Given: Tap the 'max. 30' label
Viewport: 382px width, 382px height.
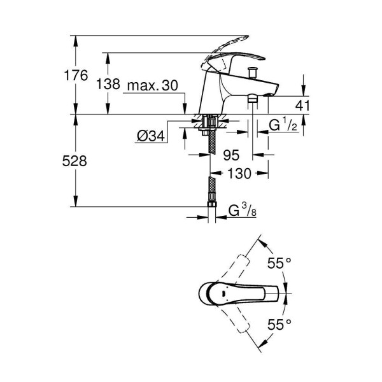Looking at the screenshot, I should [153, 85].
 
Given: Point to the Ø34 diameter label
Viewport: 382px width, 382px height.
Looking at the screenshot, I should [150, 135].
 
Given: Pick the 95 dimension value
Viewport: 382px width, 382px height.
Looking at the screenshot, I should [232, 155].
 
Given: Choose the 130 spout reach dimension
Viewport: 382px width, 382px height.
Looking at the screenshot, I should [238, 173].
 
